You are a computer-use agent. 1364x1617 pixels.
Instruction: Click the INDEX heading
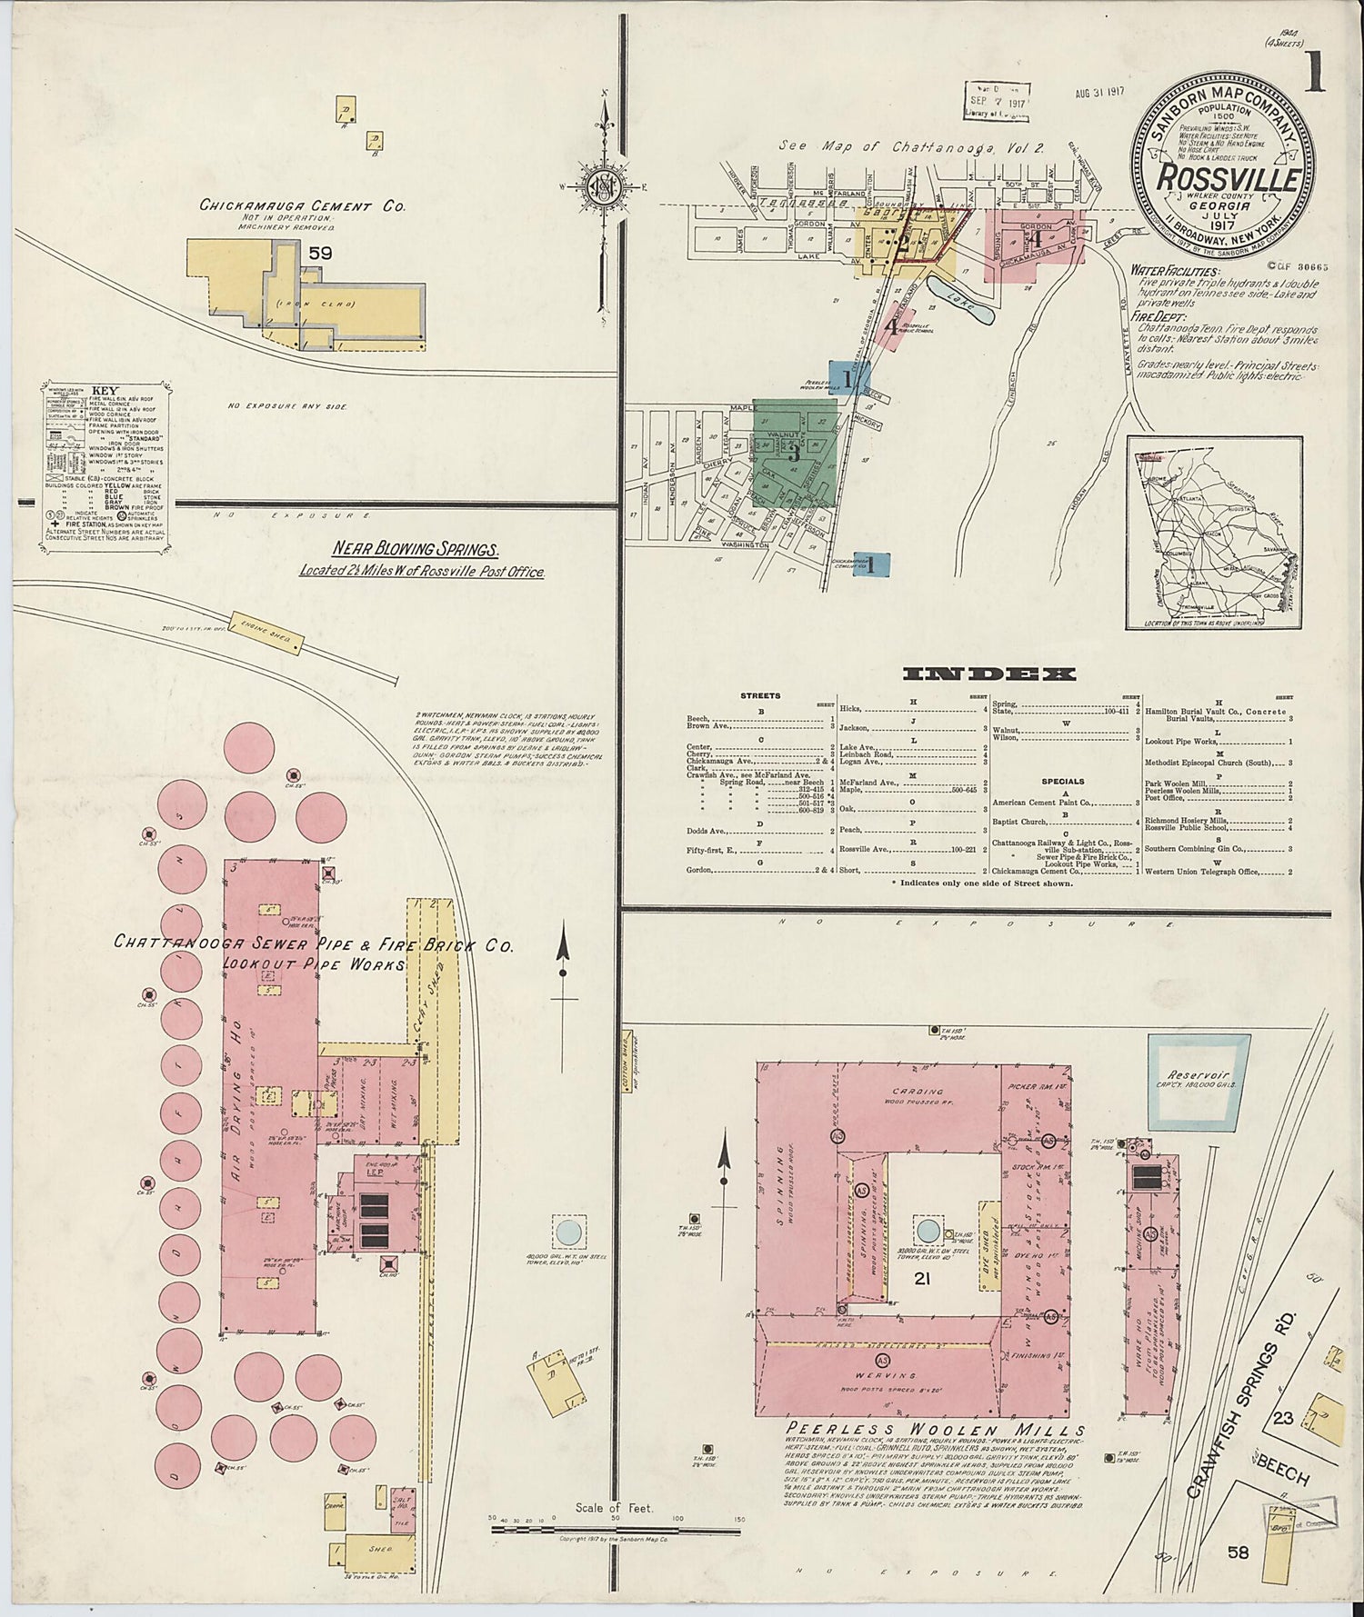point(988,674)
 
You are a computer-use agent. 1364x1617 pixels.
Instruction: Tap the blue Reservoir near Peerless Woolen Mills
point(1197,1082)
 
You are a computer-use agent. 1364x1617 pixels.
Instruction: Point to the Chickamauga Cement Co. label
point(302,206)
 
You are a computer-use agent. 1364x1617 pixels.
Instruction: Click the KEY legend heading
point(106,389)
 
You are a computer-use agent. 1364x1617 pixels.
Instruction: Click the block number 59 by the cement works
point(319,254)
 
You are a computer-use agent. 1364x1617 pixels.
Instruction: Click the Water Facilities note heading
point(1174,270)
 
